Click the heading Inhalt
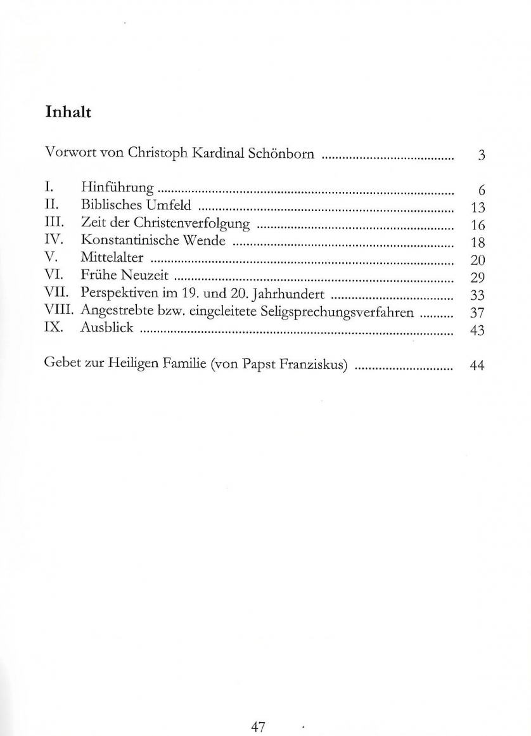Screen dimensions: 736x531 [x=68, y=113]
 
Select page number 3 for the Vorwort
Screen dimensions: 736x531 [x=482, y=155]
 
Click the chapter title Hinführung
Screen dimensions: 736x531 [x=118, y=188]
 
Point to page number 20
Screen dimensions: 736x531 [x=478, y=259]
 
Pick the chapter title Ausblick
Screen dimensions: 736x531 [x=107, y=328]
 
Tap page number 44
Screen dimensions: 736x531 [x=477, y=366]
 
